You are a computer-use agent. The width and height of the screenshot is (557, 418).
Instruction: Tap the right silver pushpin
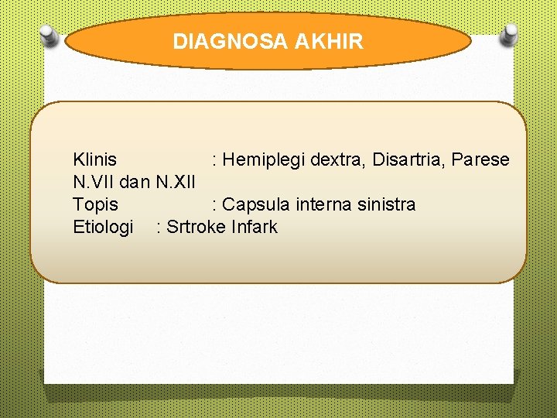(509, 35)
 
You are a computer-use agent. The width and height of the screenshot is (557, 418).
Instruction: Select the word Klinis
(94, 160)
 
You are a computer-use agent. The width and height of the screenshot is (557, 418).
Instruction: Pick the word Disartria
(408, 160)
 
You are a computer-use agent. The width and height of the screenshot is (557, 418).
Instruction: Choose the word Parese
(480, 160)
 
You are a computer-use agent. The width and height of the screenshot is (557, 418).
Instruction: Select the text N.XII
(175, 183)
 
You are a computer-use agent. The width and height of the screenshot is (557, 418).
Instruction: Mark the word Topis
(95, 205)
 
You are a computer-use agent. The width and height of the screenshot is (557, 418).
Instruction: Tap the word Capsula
(255, 205)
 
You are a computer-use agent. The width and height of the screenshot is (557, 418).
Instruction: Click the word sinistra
(385, 205)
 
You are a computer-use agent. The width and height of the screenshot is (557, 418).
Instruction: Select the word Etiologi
(103, 228)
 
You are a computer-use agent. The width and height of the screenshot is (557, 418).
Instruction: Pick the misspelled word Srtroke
(196, 228)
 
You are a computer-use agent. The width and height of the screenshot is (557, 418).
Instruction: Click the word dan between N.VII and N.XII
(135, 183)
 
